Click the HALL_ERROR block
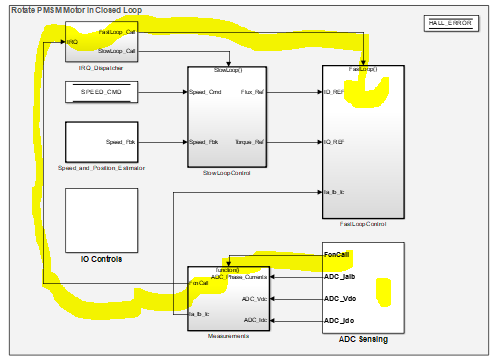coord(448,22)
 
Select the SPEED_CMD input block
coord(100,94)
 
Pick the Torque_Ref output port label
coord(250,142)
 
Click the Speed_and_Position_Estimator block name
coord(100,168)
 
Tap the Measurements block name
coord(229,338)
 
